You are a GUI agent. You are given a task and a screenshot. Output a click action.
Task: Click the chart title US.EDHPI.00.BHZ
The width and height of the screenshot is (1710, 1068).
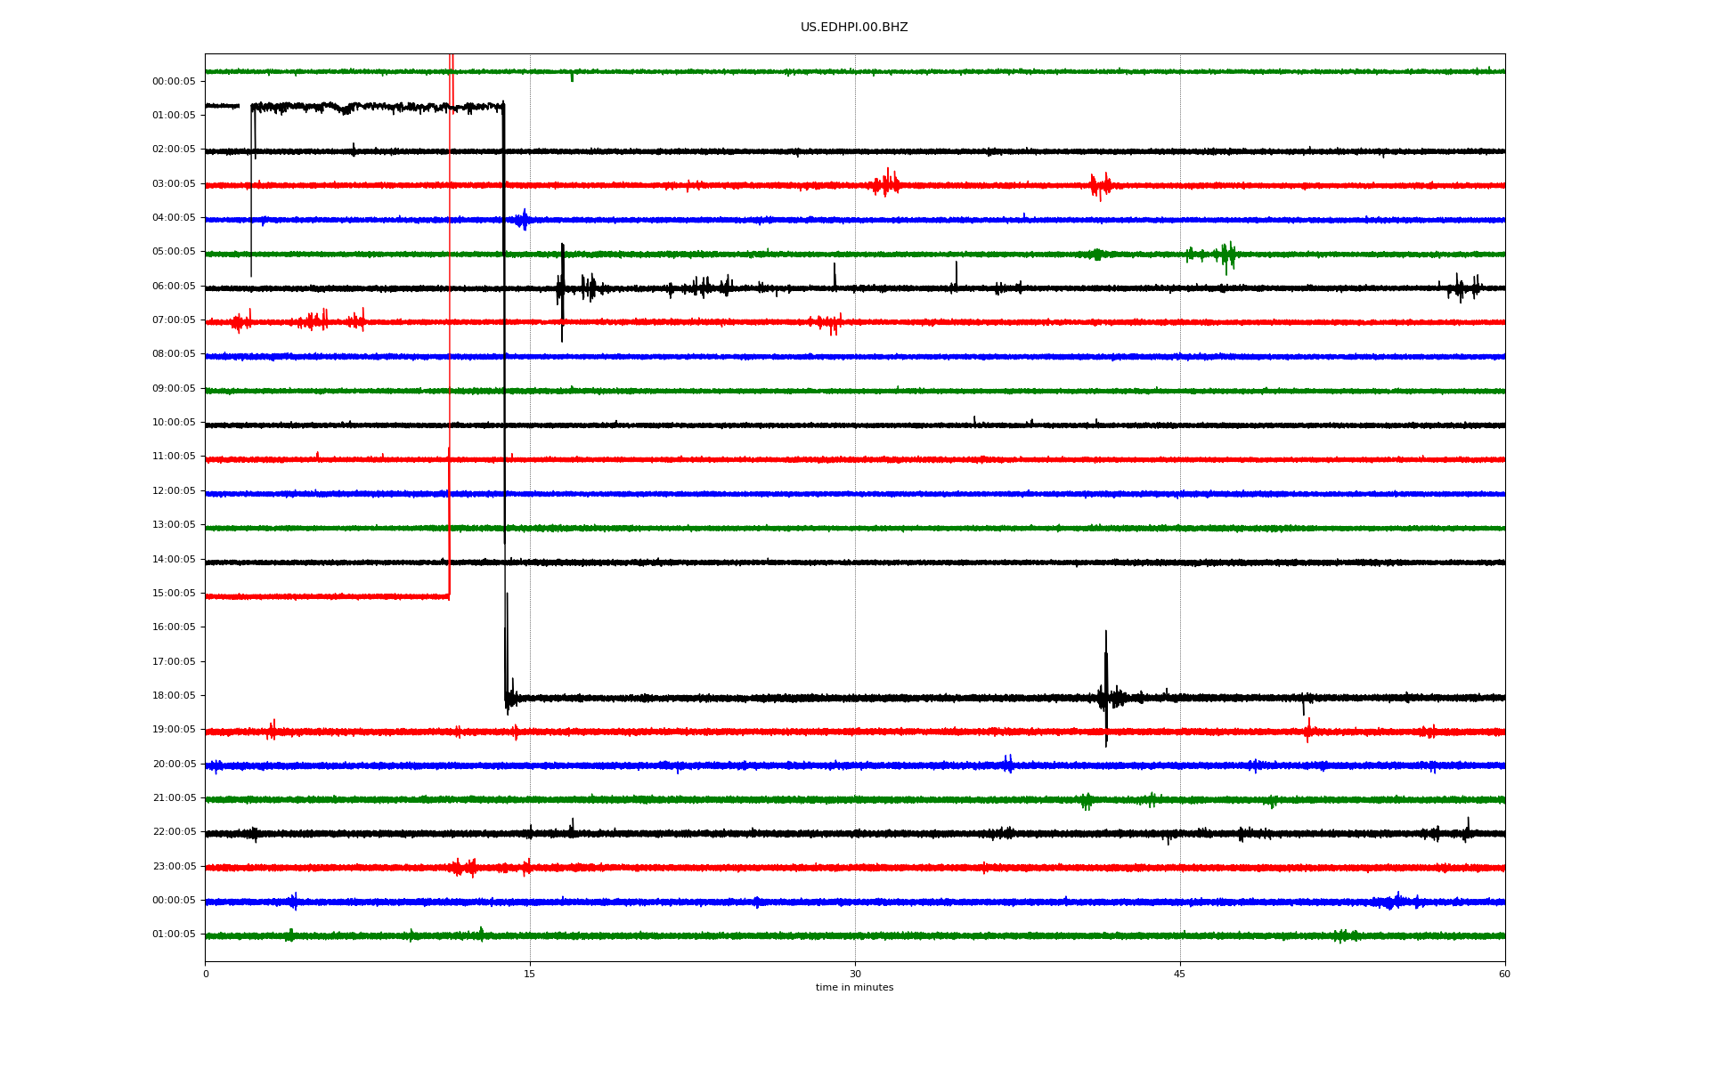[854, 28]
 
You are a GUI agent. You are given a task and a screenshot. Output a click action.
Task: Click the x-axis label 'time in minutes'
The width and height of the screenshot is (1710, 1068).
[854, 987]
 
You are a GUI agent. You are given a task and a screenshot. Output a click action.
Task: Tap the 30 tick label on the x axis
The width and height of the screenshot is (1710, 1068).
[855, 974]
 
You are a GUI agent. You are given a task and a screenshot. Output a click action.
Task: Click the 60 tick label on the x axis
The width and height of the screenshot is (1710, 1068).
[1504, 974]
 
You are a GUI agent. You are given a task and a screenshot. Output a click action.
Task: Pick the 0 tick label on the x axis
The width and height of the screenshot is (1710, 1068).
[206, 974]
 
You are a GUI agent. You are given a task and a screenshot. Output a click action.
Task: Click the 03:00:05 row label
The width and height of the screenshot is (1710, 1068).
[174, 184]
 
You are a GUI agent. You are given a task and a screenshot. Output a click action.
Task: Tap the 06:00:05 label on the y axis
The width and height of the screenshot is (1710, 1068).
[174, 287]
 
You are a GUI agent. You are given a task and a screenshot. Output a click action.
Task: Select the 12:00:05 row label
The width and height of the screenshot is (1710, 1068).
[174, 491]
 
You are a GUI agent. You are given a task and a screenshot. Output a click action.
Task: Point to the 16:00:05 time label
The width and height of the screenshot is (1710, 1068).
[174, 627]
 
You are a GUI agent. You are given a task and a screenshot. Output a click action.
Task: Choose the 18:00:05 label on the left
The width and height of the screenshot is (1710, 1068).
[174, 696]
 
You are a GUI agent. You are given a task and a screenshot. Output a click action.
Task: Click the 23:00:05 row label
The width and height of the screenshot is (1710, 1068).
[174, 867]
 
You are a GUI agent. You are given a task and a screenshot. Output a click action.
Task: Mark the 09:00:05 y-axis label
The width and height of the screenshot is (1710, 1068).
[174, 389]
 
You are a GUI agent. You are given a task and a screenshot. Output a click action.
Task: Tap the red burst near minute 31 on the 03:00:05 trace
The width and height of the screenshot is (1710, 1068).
[886, 183]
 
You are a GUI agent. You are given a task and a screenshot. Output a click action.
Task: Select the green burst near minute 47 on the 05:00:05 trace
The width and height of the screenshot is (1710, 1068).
[1227, 255]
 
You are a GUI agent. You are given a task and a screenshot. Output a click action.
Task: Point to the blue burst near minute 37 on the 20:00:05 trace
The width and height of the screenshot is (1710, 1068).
[1008, 764]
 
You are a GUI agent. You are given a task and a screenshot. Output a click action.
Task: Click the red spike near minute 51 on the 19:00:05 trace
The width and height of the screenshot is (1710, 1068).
[1308, 730]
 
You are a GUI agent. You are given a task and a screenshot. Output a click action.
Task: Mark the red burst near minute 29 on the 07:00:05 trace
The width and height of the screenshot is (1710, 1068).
[829, 322]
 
